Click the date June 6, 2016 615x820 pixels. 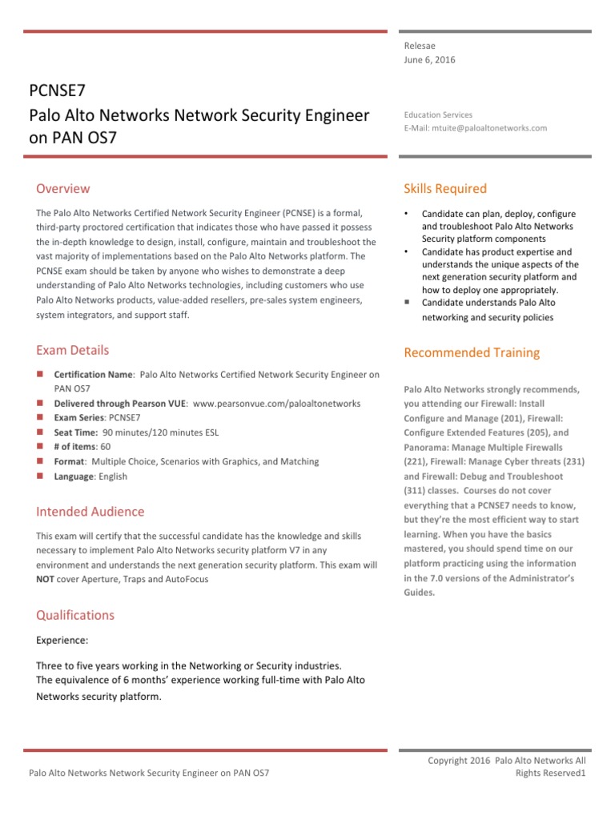431,60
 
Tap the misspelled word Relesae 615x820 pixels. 420,46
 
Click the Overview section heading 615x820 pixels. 63,189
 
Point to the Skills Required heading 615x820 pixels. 445,189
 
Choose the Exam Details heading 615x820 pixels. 73,350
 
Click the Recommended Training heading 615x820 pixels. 472,352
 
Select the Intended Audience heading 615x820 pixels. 90,512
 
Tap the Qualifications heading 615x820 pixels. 75,615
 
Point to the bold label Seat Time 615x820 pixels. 76,432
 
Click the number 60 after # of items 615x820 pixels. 106,447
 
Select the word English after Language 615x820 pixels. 112,476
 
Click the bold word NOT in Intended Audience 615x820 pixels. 46,579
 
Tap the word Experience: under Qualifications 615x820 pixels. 62,641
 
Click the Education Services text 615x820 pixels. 438,115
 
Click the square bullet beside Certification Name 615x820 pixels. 40,374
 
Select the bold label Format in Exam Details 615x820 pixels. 69,462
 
